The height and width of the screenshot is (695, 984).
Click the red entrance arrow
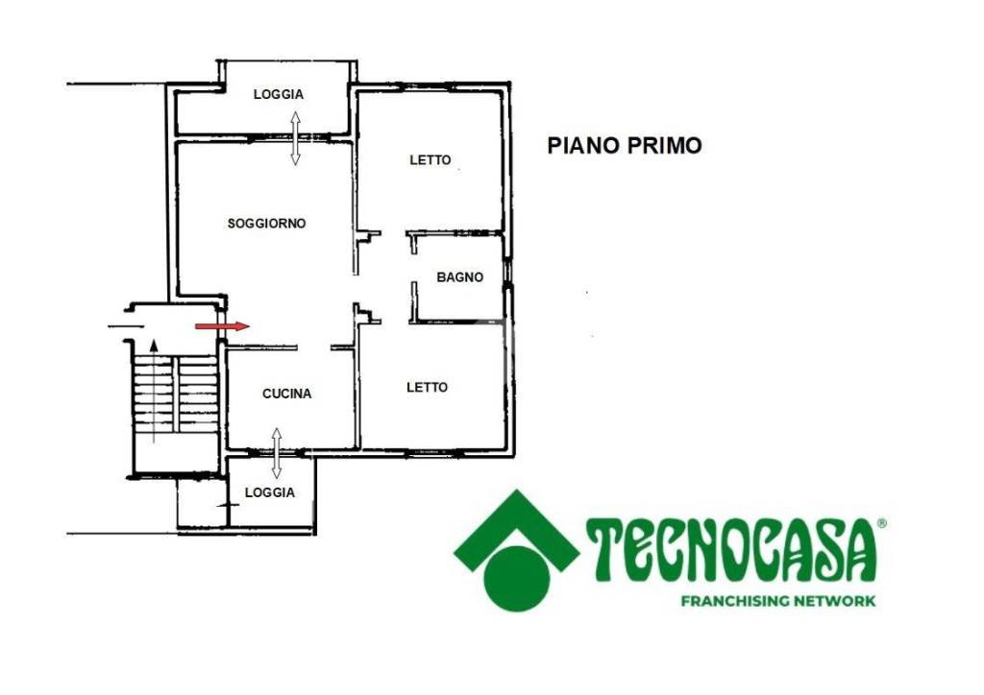(222, 325)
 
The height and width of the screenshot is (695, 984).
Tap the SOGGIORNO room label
(267, 223)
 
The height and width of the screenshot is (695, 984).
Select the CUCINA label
(286, 394)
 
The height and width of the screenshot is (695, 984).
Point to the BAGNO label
(460, 277)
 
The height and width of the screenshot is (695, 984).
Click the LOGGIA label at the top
(279, 94)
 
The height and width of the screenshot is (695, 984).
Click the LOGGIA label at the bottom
(270, 492)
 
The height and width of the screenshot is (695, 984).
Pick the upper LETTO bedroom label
(430, 159)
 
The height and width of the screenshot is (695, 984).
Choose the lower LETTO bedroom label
(428, 387)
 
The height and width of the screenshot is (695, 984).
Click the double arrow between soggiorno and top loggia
(295, 138)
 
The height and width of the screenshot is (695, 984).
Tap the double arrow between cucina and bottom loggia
(276, 454)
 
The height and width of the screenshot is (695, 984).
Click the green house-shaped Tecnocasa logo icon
(516, 550)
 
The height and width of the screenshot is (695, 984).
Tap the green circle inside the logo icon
(517, 579)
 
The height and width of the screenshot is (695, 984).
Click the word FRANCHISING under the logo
(735, 601)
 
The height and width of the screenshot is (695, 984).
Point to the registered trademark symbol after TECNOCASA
(882, 523)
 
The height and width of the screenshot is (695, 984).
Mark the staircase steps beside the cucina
(175, 394)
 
